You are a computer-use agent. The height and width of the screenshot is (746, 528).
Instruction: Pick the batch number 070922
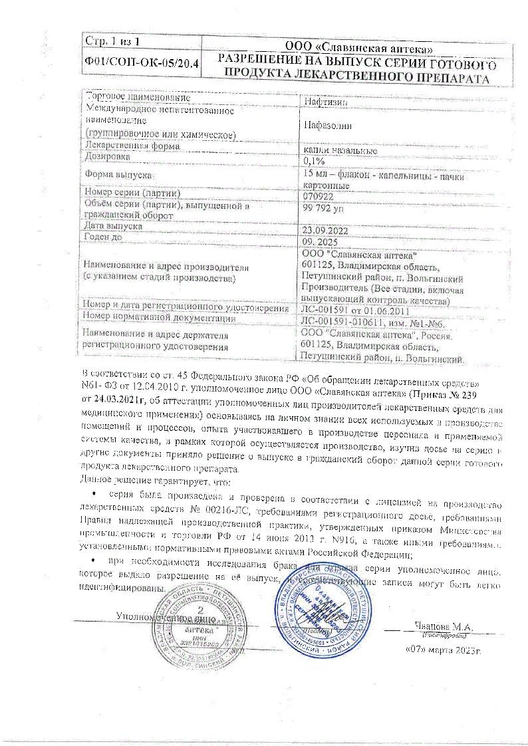(x=318, y=197)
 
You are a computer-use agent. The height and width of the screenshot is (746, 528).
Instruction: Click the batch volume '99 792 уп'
(x=324, y=210)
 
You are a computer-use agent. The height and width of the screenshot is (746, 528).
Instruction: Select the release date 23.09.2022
(x=327, y=231)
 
